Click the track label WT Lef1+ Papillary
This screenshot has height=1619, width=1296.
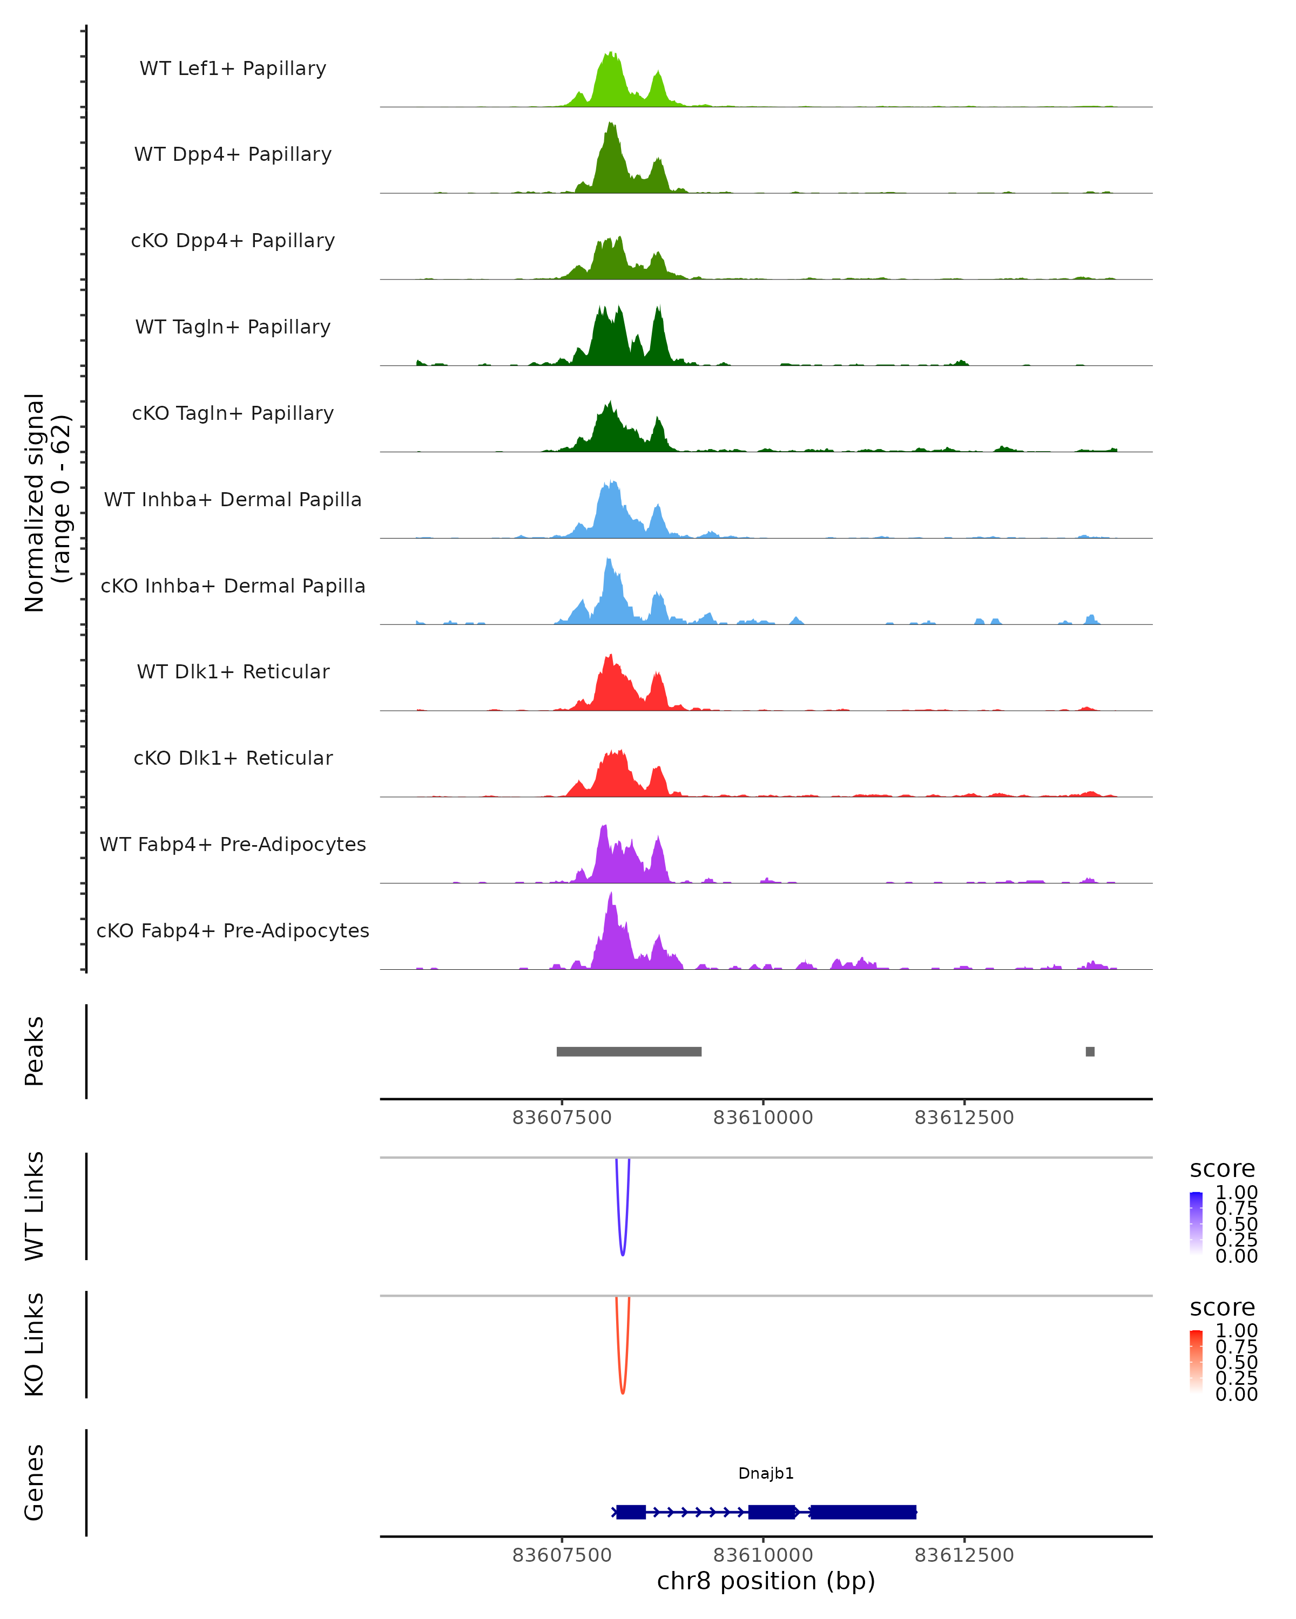click(x=233, y=69)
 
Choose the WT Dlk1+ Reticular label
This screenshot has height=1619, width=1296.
click(x=233, y=671)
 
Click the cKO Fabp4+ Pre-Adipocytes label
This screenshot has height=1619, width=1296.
click(x=233, y=930)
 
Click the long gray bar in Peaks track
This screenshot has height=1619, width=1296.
click(x=629, y=1051)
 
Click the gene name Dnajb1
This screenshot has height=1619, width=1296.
click(x=766, y=1473)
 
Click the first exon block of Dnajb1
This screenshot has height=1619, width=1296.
click(x=631, y=1512)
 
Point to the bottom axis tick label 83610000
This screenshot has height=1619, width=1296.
click(x=762, y=1555)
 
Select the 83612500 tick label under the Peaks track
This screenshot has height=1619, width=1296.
click(x=964, y=1118)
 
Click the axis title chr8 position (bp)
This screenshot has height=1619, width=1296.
click(x=766, y=1581)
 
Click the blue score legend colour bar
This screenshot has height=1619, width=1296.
click(x=1196, y=1223)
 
